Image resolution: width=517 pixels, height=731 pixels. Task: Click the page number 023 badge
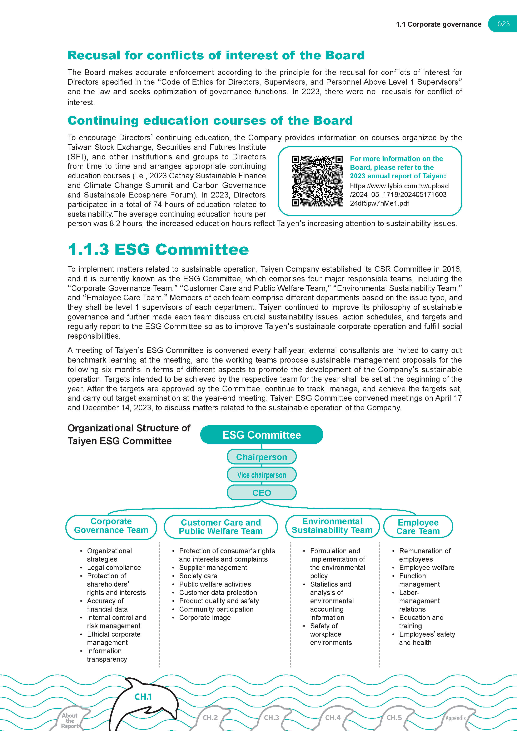coord(503,24)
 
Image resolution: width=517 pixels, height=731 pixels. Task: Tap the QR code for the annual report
coord(317,181)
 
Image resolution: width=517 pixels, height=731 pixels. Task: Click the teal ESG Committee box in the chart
coord(261,435)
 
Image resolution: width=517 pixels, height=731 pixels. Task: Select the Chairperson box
coord(261,457)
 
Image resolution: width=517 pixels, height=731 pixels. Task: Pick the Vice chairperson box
coord(261,475)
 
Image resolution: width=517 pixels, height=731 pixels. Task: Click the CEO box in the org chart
coord(261,493)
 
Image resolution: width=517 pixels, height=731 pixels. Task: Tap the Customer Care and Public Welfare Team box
coord(221,527)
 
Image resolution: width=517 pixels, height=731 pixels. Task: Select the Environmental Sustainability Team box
coord(332,526)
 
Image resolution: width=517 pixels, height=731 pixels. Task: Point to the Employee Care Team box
coord(418,527)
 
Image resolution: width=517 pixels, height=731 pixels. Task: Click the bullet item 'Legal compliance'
coord(114,568)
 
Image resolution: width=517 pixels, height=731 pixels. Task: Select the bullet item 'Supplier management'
coord(213,568)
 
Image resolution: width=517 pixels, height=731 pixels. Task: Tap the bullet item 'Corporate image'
coord(205,618)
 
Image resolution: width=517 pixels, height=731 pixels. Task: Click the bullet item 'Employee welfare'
coord(427,568)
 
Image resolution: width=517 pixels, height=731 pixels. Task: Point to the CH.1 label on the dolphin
coord(143,697)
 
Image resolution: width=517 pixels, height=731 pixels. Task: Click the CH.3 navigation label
coord(271,718)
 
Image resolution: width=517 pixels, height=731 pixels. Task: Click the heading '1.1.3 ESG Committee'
coord(158,249)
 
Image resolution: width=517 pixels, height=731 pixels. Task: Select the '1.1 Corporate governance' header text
coord(438,25)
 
